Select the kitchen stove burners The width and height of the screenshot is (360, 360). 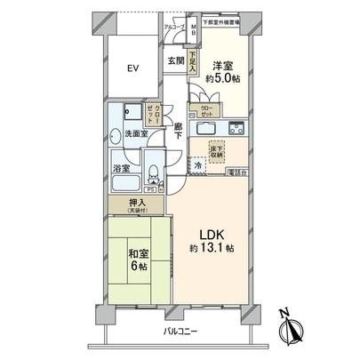[238, 125]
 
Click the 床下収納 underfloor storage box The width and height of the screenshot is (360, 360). [219, 151]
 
